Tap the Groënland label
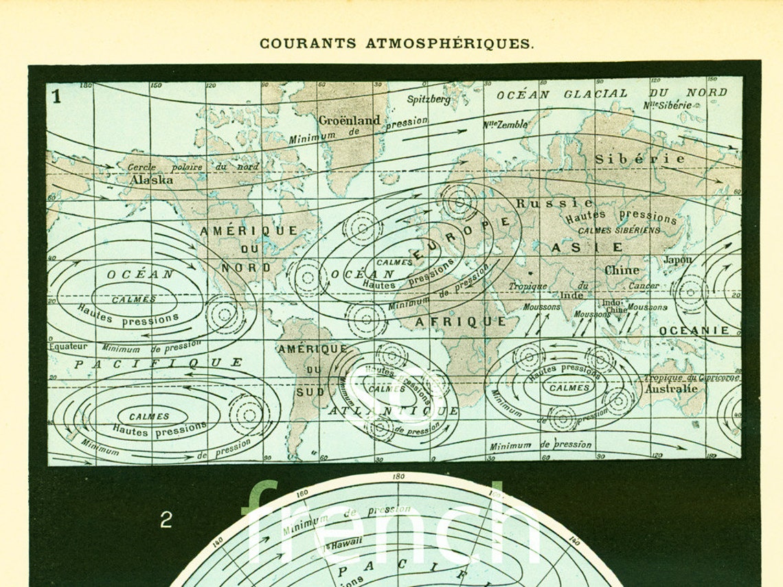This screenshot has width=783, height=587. point(349,120)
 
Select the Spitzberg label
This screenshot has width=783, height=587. point(429,99)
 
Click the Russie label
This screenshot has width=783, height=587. point(554,203)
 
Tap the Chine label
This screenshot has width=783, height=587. point(622,270)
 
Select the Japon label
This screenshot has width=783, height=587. point(678,260)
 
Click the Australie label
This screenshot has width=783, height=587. point(670,389)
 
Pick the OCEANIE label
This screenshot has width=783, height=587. point(694,330)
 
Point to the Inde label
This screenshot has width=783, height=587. point(572,295)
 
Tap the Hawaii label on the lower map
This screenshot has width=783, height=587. point(346,542)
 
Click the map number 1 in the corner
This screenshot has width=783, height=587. point(56,96)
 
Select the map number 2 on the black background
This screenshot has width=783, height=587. point(166,520)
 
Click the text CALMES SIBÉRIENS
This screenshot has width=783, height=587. point(619,231)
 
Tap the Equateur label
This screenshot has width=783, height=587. point(68,347)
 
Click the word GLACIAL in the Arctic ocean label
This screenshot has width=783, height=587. point(595,93)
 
